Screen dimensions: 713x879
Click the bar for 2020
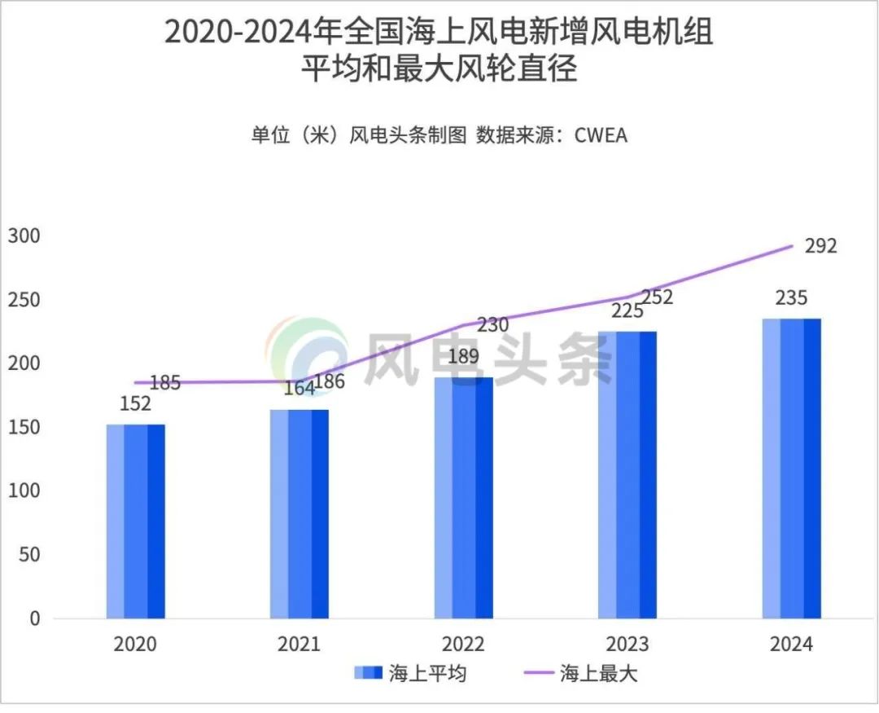click(135, 522)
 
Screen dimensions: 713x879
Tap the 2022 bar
click(463, 498)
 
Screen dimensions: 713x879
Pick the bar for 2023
click(627, 475)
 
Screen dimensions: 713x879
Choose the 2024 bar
click(791, 469)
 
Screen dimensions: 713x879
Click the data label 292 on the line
click(820, 245)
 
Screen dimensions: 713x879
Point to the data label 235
click(791, 297)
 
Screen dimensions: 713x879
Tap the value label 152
click(135, 404)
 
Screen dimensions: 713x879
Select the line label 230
click(492, 325)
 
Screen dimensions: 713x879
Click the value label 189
click(463, 356)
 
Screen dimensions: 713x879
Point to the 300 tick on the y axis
click(24, 236)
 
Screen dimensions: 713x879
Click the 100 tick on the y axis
click(24, 491)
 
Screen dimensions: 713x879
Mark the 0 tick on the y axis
click(34, 618)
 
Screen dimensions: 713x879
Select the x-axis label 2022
click(463, 645)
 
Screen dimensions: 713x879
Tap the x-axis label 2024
click(791, 645)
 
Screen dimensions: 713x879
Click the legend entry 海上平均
click(411, 674)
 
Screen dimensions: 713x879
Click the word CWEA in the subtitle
click(601, 135)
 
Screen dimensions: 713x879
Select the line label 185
click(165, 382)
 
